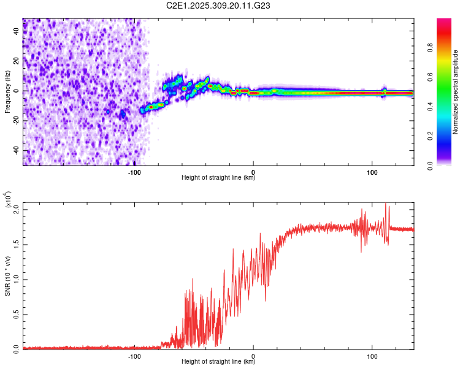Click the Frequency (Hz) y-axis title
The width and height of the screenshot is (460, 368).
pos(7,92)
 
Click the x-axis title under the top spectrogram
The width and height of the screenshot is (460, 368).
pos(218,178)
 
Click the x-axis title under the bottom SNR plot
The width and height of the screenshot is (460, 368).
pos(218,362)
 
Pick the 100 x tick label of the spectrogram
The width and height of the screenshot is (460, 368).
pos(372,171)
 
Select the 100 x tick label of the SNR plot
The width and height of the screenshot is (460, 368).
pos(372,356)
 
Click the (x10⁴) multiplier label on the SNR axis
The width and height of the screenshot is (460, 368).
pos(9,200)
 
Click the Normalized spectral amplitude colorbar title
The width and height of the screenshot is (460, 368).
pos(456,92)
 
